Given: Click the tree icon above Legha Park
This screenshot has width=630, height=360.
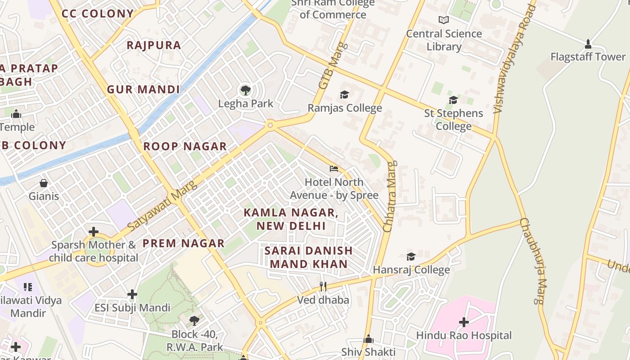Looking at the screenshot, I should tap(245, 90).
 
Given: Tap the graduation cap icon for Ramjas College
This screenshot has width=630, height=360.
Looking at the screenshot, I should tap(344, 94).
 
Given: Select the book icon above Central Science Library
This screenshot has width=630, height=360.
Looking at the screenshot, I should tap(444, 20).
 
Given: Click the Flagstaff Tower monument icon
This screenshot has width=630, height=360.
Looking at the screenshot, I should tap(588, 44).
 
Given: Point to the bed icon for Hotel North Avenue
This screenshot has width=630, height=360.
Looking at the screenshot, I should tap(333, 169).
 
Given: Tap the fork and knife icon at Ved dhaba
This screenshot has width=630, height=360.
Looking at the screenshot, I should tap(323, 286).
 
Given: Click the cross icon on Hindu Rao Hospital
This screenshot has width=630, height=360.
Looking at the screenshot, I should tap(464, 322).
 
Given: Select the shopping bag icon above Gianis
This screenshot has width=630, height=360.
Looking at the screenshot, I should tap(44, 183).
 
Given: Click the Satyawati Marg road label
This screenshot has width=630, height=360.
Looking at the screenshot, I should tap(162, 206).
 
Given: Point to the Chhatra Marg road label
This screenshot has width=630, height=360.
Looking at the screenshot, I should tap(390, 197).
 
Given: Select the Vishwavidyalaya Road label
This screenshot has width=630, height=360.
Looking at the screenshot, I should tap(515, 58).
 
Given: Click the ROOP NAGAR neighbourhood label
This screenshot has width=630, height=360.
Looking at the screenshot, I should tap(185, 146).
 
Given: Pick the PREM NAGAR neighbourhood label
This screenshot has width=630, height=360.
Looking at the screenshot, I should tap(184, 243).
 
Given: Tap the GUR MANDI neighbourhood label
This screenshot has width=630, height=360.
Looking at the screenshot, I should tap(144, 89).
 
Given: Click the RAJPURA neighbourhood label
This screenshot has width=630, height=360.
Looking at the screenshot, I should tap(154, 45).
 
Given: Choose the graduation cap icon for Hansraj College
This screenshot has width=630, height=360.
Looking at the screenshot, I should tap(411, 256).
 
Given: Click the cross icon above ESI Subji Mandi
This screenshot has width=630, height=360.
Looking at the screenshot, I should tap(132, 294).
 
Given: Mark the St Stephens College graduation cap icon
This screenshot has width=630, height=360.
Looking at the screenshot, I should tap(453, 100).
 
